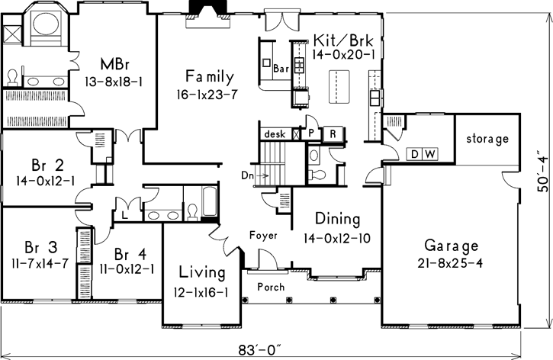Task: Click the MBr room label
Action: [x=115, y=65]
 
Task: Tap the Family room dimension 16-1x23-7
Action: [x=207, y=95]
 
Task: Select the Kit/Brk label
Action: [x=343, y=40]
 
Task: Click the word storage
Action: [x=487, y=139]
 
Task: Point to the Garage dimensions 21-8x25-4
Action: [x=450, y=263]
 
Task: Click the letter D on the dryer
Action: [x=415, y=154]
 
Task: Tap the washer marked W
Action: [x=430, y=154]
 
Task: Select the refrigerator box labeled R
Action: [x=333, y=133]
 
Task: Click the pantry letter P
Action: [x=311, y=133]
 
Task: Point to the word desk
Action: [x=275, y=134]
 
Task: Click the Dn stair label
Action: [x=248, y=175]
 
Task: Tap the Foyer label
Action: [x=263, y=235]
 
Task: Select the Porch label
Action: [x=271, y=287]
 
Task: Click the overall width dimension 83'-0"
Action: [x=260, y=351]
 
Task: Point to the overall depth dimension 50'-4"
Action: [x=544, y=172]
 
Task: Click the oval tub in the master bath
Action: [x=46, y=24]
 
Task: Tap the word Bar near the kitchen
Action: [x=281, y=69]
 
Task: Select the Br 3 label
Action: [x=41, y=247]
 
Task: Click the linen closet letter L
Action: [x=124, y=215]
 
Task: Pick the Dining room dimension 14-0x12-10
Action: [x=337, y=239]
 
